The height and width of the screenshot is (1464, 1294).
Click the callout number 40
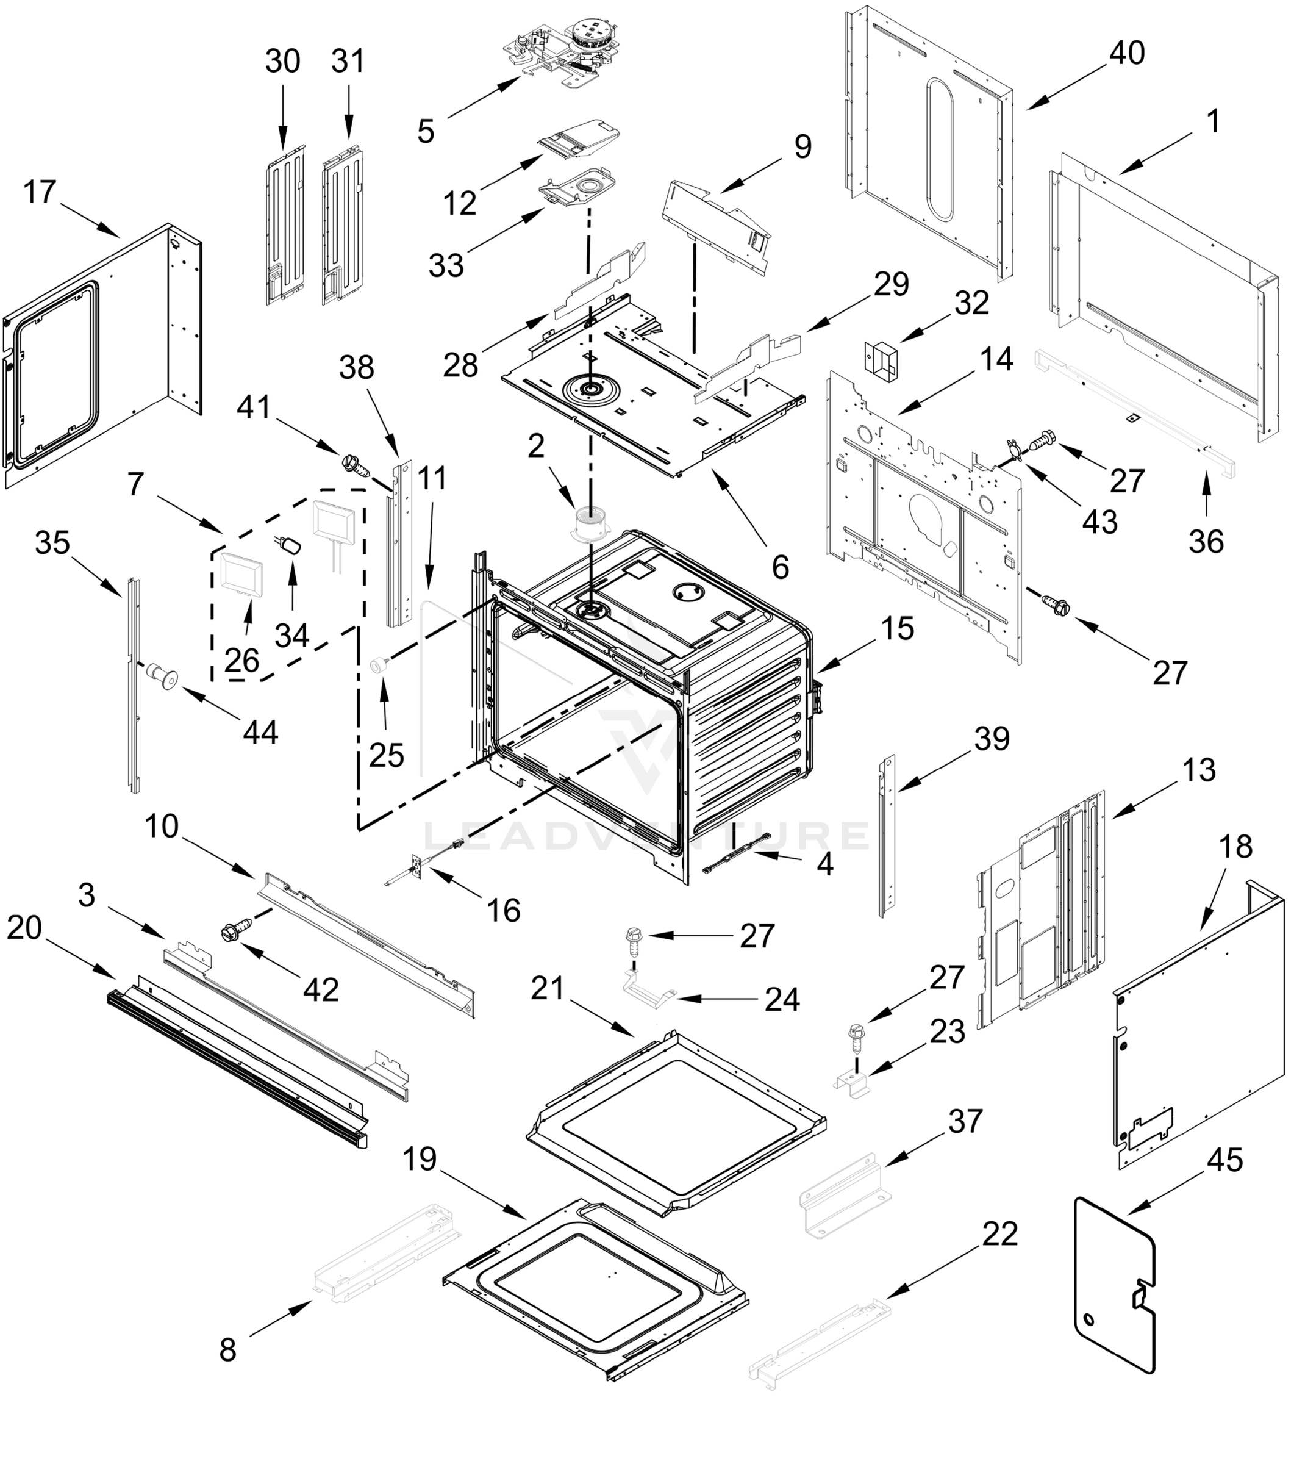(1127, 53)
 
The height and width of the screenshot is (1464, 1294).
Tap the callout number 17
(40, 192)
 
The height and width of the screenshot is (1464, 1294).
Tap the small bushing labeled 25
(378, 666)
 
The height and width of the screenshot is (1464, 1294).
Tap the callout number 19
(420, 1158)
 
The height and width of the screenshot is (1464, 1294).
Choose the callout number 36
(1206, 542)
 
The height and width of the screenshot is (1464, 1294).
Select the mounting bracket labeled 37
(845, 1194)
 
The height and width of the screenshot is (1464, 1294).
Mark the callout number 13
(1199, 770)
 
